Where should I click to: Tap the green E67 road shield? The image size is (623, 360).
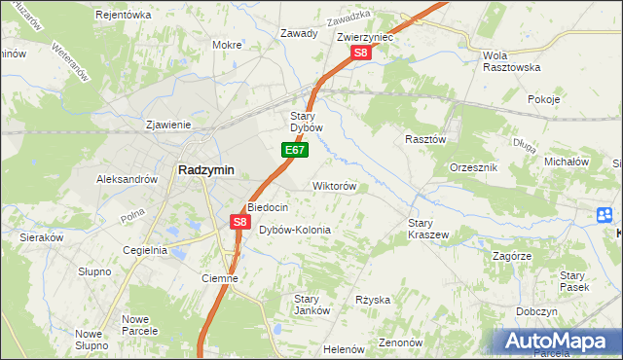[296, 151]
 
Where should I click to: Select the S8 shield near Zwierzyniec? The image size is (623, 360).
[361, 54]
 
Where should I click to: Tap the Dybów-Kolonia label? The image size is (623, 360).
[295, 230]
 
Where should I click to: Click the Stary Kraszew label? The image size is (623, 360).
[427, 229]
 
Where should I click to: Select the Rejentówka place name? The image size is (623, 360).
[124, 15]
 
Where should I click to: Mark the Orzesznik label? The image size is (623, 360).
[474, 167]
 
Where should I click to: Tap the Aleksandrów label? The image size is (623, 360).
[127, 179]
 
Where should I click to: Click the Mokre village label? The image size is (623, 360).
[227, 45]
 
